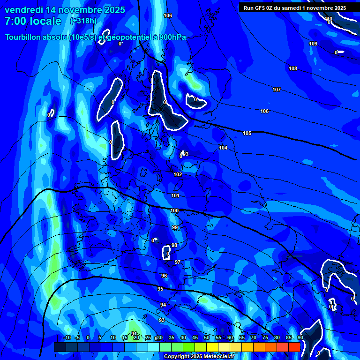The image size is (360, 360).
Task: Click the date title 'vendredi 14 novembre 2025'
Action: (65, 10)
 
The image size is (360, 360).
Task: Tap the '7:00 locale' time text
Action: (33, 21)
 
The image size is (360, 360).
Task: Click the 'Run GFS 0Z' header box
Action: (295, 7)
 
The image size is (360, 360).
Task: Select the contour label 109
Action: (313, 44)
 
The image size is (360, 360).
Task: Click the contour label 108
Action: (293, 68)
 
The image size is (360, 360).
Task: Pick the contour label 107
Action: (277, 90)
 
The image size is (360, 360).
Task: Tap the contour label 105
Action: (247, 133)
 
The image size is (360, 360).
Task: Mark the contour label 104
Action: (223, 148)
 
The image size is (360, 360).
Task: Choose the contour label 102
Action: (178, 174)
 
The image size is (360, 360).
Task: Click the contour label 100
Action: (174, 210)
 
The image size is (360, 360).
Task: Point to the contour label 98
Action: (174, 245)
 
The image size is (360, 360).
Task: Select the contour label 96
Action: (164, 276)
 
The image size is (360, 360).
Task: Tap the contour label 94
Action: (163, 305)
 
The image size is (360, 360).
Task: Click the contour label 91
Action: (134, 333)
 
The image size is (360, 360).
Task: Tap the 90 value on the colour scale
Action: (300, 338)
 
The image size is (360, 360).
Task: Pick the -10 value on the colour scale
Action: (67, 338)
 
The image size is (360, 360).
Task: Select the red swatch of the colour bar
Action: (294, 347)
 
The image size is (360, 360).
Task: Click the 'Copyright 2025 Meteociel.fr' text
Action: (199, 356)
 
